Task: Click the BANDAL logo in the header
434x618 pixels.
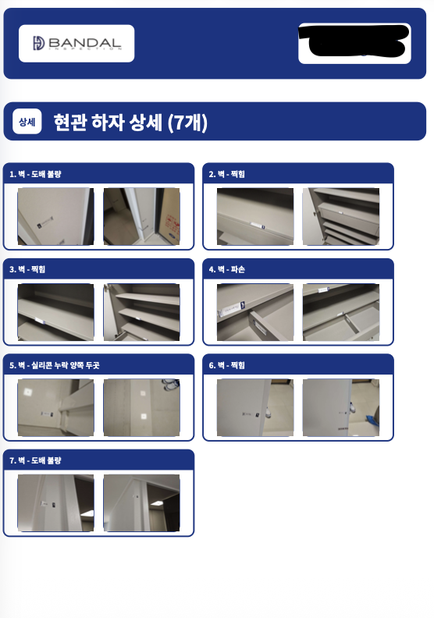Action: [76, 44]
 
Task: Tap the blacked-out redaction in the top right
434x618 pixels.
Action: [355, 42]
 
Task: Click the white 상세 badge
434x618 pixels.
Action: [27, 122]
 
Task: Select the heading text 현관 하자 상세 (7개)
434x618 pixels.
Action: [130, 122]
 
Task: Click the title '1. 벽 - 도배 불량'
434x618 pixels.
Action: [36, 174]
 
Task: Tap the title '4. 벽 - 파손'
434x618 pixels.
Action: [227, 269]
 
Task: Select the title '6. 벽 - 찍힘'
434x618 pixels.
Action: [227, 364]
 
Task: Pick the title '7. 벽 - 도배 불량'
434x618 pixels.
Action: [36, 460]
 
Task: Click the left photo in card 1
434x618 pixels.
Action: [55, 216]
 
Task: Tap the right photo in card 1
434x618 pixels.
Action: [141, 216]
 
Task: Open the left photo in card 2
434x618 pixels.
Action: [255, 216]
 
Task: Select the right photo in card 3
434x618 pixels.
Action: [141, 312]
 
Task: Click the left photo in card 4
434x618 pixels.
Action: [255, 312]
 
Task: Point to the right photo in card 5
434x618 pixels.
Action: [141, 407]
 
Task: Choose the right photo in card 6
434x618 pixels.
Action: [340, 407]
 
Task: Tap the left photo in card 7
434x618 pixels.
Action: [55, 503]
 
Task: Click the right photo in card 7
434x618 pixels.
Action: [141, 503]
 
